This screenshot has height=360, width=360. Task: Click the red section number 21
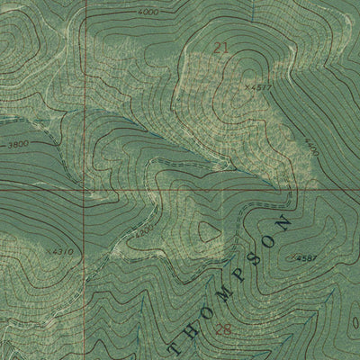[220, 45]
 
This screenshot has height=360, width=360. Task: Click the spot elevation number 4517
[260, 86]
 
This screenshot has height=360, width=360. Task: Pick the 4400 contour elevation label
[311, 147]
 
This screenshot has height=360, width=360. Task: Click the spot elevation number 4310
[63, 251]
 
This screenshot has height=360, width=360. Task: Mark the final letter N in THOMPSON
[286, 220]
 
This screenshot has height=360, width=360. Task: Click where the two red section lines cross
[87, 191]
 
